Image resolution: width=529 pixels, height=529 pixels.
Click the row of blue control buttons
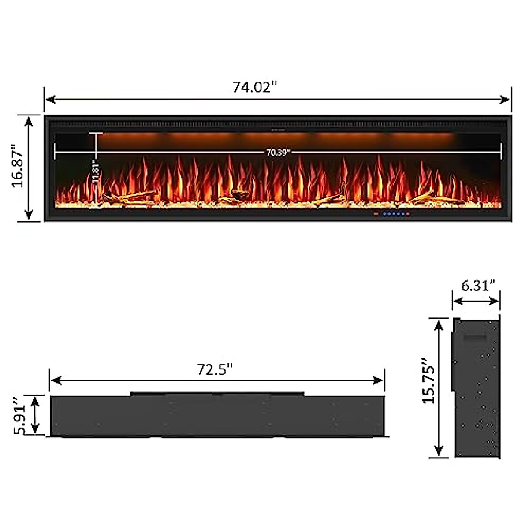coord(395,214)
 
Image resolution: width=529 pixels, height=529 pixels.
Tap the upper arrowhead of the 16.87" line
coord(29,120)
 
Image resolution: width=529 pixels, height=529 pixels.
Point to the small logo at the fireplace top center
coord(278,130)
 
